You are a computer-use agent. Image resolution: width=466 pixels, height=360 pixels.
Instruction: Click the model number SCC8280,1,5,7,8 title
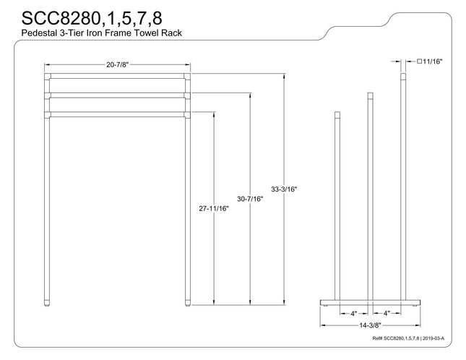(92, 18)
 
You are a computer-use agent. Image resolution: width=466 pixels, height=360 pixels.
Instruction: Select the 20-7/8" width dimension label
(118, 65)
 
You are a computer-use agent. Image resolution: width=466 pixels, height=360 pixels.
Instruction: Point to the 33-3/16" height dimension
(284, 189)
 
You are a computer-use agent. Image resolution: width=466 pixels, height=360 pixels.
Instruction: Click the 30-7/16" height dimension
(250, 199)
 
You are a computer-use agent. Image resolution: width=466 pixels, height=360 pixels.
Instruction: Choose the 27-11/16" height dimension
(214, 209)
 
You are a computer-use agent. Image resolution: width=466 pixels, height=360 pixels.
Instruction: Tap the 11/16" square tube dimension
(433, 61)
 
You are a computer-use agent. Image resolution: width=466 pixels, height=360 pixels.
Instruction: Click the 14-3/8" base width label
(370, 325)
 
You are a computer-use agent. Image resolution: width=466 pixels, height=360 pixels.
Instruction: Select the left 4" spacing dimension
(354, 313)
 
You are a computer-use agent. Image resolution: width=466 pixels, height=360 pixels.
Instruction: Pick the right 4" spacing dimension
(387, 313)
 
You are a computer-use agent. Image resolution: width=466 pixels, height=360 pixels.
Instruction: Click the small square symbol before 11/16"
(419, 61)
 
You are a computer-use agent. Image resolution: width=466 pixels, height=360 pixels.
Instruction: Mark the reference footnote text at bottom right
(408, 338)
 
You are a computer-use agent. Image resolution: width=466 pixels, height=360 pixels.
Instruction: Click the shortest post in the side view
(337, 206)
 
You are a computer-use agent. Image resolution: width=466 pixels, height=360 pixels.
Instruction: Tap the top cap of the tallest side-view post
(403, 77)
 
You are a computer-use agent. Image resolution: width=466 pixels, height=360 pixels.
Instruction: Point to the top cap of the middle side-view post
(371, 96)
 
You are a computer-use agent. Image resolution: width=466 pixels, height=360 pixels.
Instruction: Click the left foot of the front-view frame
(47, 303)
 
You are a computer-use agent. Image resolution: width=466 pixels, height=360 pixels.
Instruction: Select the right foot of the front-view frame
(188, 303)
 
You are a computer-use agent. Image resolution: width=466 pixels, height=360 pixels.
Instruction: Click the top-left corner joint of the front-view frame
(48, 77)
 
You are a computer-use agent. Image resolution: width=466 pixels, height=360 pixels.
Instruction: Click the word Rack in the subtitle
(171, 33)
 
